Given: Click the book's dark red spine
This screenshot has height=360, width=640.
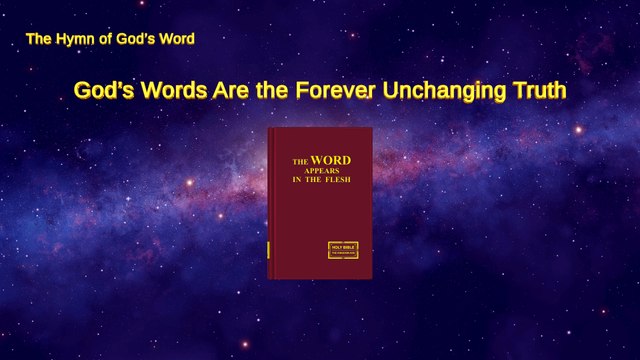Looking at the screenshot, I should [270, 200].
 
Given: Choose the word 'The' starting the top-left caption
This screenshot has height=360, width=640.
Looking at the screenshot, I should [38, 40].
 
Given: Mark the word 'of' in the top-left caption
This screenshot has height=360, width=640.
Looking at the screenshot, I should [100, 40].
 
